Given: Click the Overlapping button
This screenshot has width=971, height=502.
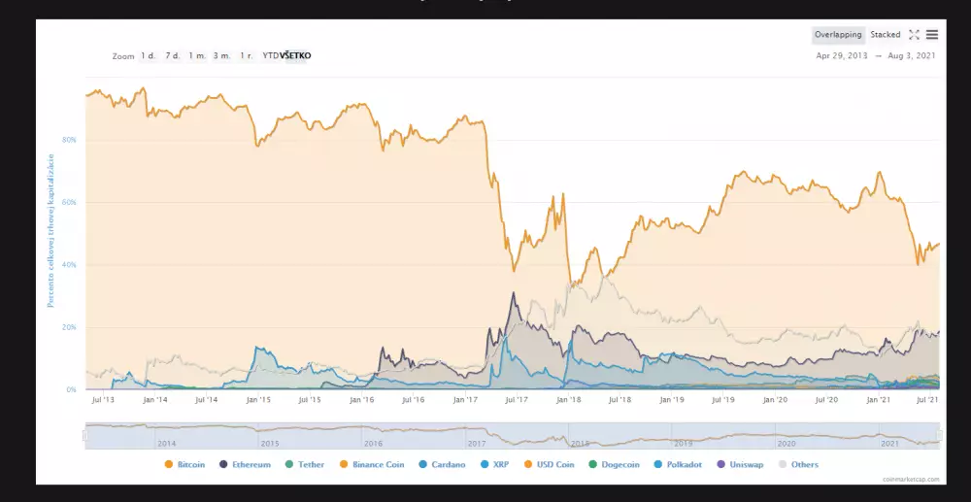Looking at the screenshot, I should click(x=838, y=35).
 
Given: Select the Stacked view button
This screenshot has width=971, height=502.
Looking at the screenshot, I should click(x=886, y=35).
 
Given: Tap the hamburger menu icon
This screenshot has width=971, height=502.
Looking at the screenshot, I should click(x=932, y=35).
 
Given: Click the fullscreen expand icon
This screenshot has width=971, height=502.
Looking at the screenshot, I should click(x=914, y=35).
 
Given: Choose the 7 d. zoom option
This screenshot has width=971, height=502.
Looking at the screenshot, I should click(x=172, y=56).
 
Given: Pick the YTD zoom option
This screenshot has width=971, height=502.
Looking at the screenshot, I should click(x=270, y=56).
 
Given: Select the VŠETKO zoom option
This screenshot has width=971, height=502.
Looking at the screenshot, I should click(x=295, y=56).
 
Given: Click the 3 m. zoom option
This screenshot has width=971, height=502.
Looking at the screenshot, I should click(x=222, y=56).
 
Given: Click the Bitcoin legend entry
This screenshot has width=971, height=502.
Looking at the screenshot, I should click(x=185, y=465).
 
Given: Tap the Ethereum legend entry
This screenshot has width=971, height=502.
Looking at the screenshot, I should click(x=246, y=465).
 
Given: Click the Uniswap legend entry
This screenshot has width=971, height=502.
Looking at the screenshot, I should click(x=743, y=465).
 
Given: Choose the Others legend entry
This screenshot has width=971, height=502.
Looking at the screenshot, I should click(x=798, y=465).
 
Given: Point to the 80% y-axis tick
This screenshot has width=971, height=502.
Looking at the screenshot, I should click(x=70, y=140).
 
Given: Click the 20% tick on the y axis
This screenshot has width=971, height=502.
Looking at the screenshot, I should click(x=70, y=327).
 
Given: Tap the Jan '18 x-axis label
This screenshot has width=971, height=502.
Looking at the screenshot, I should click(x=569, y=399).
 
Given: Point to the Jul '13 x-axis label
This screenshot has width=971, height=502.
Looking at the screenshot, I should click(x=103, y=399).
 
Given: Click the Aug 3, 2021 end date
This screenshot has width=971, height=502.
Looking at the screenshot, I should click(x=915, y=56).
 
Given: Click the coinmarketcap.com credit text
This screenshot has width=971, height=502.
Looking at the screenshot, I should click(x=912, y=479).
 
